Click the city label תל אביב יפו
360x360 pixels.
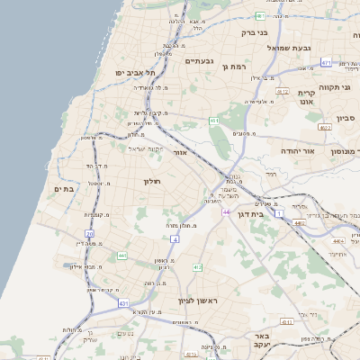[x=136, y=72]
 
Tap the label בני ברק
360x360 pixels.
[x=255, y=32]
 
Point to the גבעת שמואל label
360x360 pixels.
[x=289, y=48]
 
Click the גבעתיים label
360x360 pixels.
[x=199, y=60]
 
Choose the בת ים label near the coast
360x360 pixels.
[x=62, y=189]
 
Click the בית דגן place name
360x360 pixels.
[x=255, y=215]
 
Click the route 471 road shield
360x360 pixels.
[x=326, y=62]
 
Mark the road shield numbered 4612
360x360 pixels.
[x=282, y=92]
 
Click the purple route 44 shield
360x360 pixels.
[x=226, y=212]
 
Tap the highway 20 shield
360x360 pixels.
[x=90, y=234]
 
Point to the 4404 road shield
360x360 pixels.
[x=338, y=241]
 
